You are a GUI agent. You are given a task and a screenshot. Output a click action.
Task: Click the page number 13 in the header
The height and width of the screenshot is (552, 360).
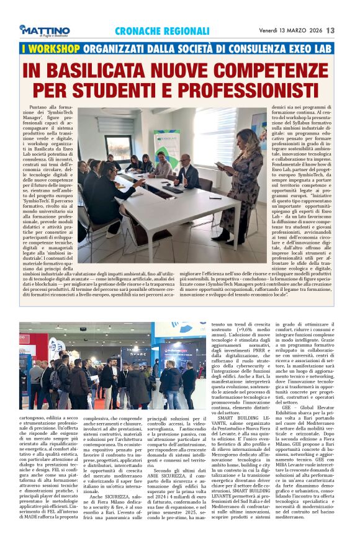[348, 30]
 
